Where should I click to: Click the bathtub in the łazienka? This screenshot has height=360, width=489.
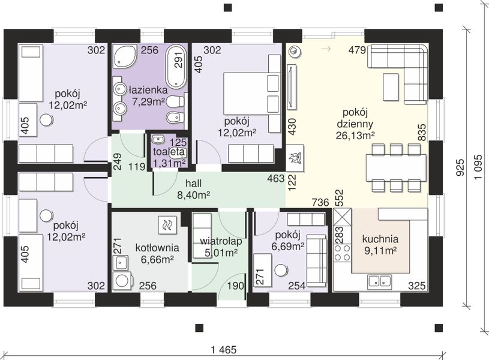176,66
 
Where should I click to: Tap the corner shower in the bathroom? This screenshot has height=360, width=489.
124,56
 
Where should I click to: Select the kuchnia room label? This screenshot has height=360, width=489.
380,239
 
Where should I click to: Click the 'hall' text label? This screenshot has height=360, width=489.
193,183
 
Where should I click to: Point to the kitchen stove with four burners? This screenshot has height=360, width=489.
342,253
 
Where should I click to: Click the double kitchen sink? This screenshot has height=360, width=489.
380,281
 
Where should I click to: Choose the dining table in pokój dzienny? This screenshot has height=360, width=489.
396,167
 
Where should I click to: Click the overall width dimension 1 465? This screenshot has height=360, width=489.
224,350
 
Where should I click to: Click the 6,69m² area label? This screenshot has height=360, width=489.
288,247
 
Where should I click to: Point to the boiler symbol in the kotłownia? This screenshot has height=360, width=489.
167,224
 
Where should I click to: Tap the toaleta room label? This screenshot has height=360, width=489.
169,152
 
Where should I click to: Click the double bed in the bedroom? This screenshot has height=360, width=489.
251,93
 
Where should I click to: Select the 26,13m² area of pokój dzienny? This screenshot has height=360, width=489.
355,136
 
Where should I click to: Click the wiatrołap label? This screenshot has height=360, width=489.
221,241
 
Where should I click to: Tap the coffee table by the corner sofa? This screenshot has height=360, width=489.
391,87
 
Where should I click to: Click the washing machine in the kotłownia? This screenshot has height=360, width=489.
123,281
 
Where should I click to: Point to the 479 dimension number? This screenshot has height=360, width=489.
357,50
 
